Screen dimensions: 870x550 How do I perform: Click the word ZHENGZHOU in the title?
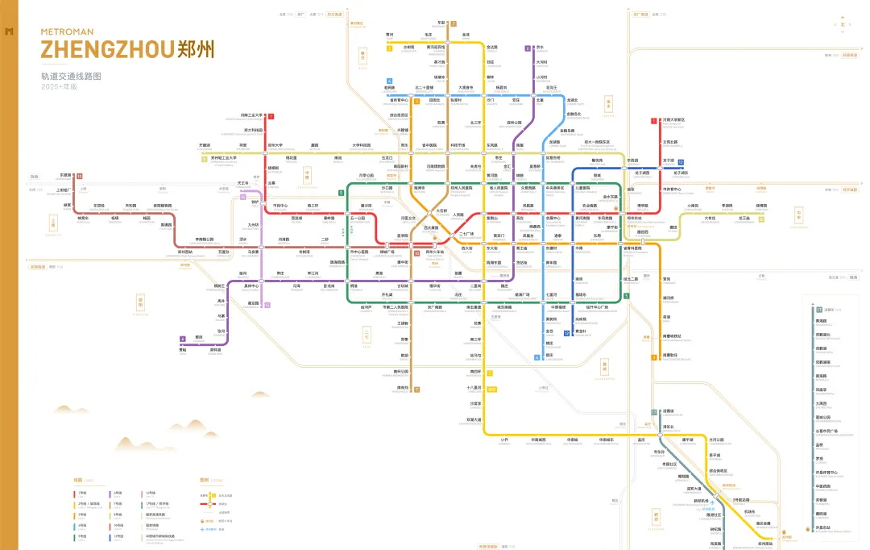tap(106, 49)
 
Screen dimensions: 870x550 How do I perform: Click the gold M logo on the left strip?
tap(10, 31)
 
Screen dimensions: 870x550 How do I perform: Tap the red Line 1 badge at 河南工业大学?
tap(271, 116)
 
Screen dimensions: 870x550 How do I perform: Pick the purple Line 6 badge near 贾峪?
tap(183, 339)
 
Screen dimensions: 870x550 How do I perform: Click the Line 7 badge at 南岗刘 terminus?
tap(416, 390)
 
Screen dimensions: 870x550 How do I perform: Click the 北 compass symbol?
tap(843, 24)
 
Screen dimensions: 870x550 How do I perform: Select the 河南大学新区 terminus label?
tap(673, 120)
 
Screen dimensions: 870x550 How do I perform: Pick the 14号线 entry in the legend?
tap(151, 492)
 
